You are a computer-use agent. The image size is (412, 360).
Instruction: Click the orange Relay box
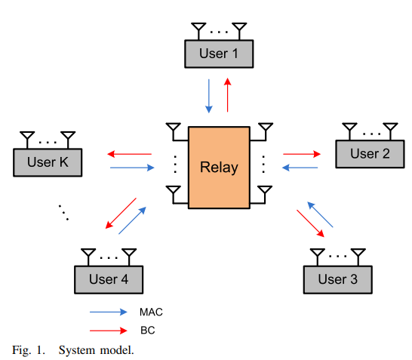219,168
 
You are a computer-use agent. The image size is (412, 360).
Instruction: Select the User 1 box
219,54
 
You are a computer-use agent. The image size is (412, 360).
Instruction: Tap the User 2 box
370,154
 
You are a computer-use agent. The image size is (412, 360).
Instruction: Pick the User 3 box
337,279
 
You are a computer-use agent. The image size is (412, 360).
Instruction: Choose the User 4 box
109,279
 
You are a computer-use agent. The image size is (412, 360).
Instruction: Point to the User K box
48,162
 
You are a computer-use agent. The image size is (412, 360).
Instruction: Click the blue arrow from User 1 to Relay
209,96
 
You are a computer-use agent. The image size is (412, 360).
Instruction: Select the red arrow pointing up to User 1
228,95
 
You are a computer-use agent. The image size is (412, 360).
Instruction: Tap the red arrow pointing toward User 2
302,154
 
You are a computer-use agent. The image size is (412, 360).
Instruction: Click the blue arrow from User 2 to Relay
300,168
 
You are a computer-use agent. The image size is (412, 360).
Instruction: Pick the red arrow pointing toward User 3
310,223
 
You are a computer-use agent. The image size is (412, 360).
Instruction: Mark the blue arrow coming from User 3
320,214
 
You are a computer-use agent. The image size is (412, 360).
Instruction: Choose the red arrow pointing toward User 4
121,213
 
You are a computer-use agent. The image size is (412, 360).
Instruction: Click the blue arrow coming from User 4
132,220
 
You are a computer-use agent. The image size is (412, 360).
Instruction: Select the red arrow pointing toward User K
129,154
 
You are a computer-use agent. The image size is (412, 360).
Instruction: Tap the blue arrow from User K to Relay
132,168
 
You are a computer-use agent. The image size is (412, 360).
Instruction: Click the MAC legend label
151,312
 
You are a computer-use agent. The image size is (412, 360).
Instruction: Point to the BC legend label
148,331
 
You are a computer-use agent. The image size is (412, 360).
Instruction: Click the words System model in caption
96,350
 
